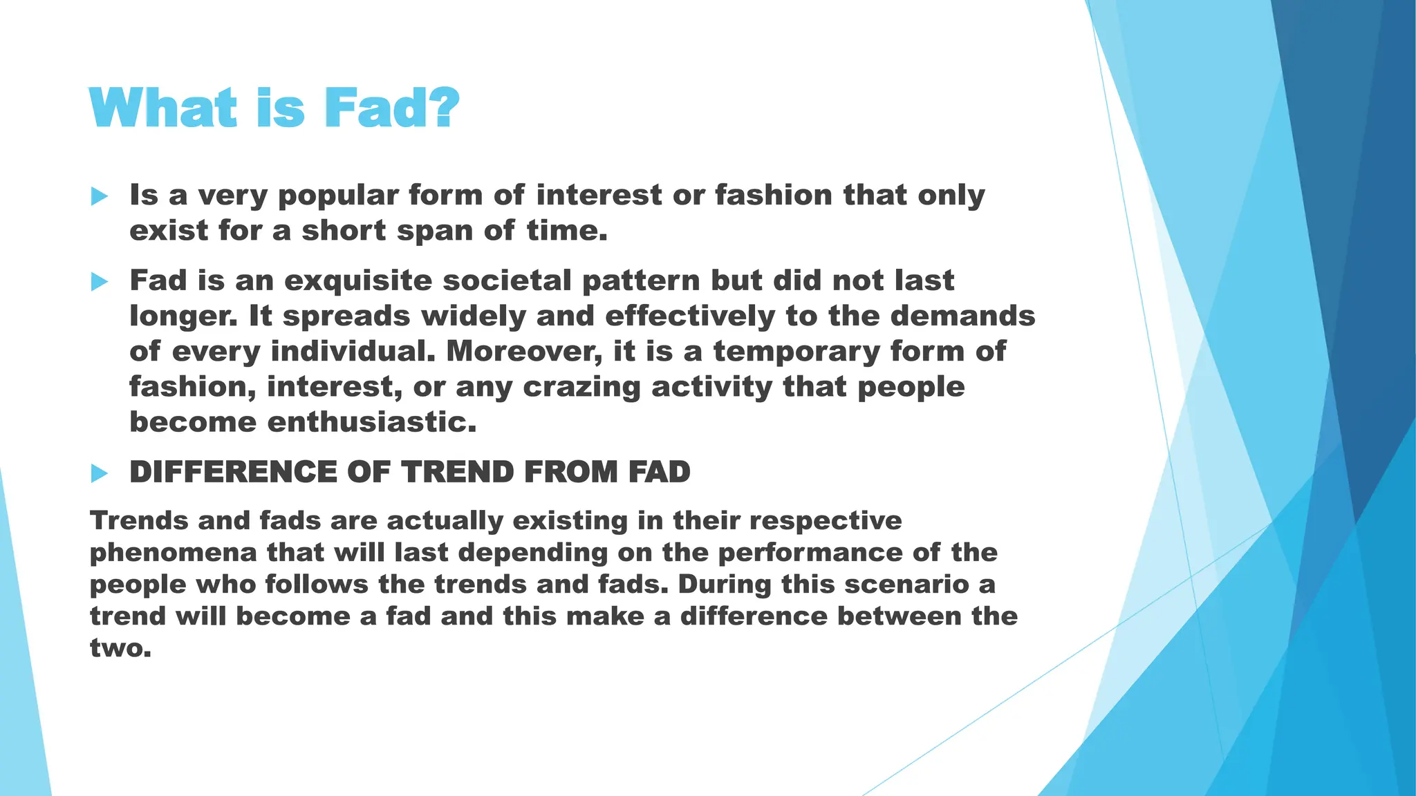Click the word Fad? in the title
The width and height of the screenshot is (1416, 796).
pyautogui.click(x=391, y=108)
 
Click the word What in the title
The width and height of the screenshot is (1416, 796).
pyautogui.click(x=163, y=108)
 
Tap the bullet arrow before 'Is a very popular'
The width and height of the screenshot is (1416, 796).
pyautogui.click(x=100, y=197)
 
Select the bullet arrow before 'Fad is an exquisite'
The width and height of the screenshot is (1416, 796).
pyautogui.click(x=100, y=282)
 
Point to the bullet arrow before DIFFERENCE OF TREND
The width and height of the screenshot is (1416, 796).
pyautogui.click(x=100, y=473)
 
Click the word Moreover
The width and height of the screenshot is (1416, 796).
pyautogui.click(x=523, y=352)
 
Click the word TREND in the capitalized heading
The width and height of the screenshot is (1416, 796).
pyautogui.click(x=457, y=473)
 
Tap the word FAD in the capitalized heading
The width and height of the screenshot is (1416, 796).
pyautogui.click(x=659, y=473)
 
